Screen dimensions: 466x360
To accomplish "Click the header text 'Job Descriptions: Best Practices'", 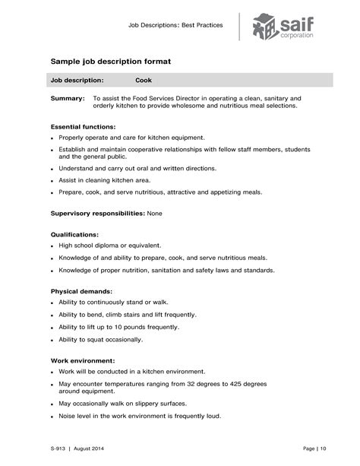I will coord(175,25).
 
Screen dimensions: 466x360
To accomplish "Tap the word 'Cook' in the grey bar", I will coord(144,79).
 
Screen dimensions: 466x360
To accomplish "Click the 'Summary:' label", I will coord(68,99).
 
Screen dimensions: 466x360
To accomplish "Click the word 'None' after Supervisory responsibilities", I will coord(154,214).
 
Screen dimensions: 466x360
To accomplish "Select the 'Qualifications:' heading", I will coord(74,234).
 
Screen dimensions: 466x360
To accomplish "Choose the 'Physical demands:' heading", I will coord(81,291).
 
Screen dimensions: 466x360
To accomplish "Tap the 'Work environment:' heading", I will coord(83,360).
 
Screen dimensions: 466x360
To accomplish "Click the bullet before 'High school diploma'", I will coord(52,246).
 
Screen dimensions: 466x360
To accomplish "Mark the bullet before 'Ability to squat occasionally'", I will coord(52,340).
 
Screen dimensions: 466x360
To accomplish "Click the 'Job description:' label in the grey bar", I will coord(77,79).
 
